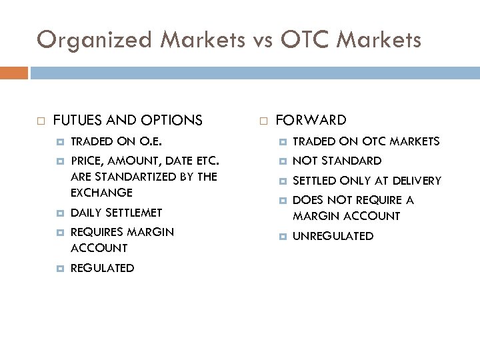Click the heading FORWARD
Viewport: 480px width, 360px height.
pos(311,120)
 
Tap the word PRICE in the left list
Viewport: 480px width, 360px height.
pos(85,161)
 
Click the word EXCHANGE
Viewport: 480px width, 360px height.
pos(101,193)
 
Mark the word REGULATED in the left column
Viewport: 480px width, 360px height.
pos(102,268)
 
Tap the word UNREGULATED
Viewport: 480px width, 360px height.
pos(333,236)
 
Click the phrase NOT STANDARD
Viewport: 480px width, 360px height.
pos(337,161)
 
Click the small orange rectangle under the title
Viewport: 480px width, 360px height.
pos(14,73)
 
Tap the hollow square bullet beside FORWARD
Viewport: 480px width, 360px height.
pos(263,121)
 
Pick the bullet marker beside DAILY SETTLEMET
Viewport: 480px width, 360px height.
pos(59,213)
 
